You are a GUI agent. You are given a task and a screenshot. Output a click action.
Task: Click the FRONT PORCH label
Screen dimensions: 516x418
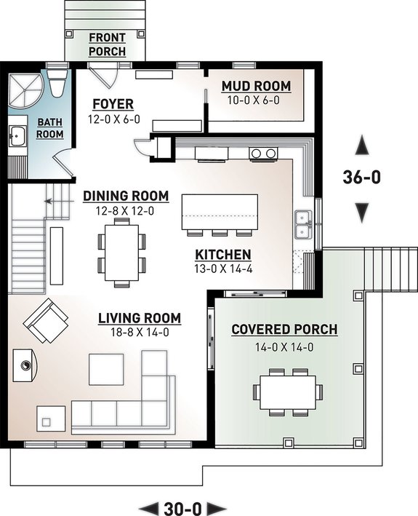107,44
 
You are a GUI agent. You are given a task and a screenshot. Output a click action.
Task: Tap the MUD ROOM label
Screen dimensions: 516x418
256,87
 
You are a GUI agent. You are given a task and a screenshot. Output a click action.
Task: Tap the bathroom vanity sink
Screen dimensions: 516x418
17,135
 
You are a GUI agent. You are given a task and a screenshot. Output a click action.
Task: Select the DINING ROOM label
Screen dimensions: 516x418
126,196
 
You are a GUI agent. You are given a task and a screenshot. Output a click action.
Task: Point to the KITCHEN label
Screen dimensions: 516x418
223,255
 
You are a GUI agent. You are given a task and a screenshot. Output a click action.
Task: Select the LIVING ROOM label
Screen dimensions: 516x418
140,318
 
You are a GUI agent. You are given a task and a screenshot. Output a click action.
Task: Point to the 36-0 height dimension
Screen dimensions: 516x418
361,176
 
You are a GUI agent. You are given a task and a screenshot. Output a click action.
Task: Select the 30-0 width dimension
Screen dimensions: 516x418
182,507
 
